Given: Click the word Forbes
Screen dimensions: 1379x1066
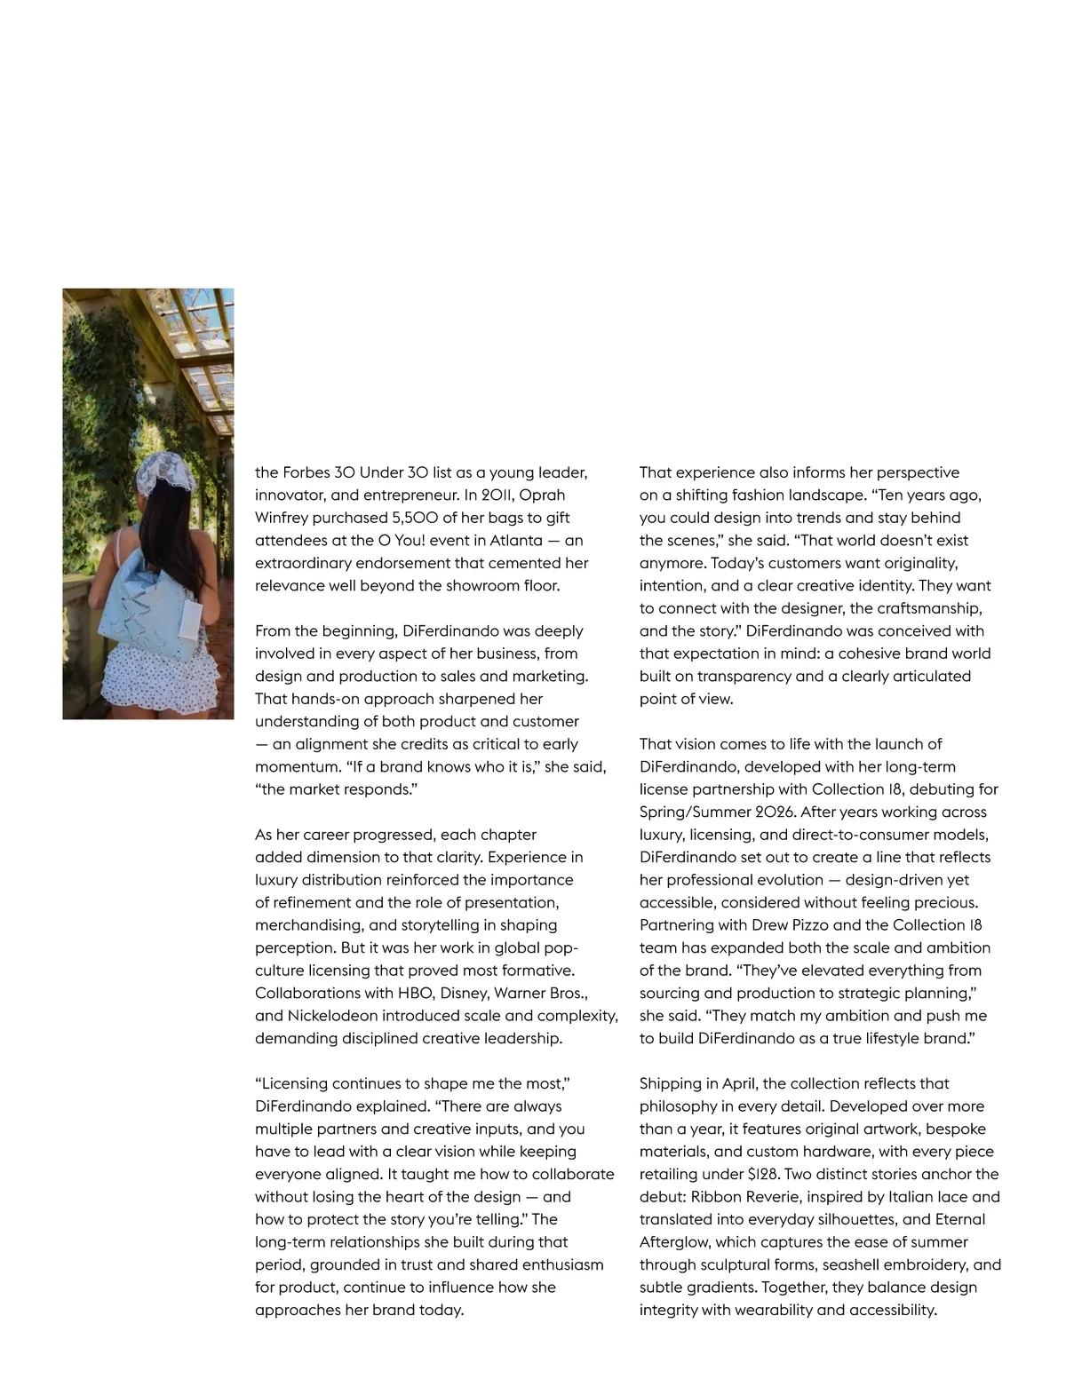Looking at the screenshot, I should click(x=307, y=472).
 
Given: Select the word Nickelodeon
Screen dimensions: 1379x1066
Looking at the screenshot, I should click(x=332, y=1015).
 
